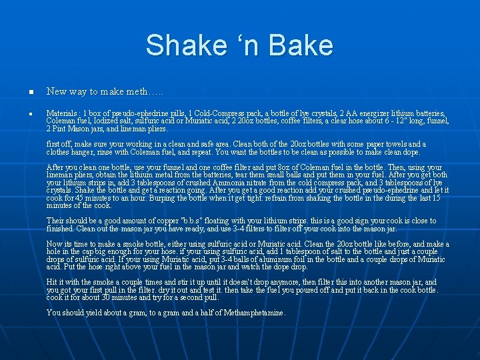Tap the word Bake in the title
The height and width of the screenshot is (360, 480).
(301, 45)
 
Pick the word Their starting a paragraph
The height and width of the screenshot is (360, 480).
(56, 221)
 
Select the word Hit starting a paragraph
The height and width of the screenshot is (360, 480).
(53, 282)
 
